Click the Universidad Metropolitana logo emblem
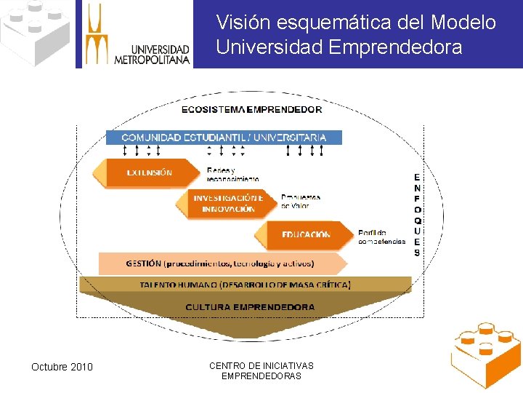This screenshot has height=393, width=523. click(96, 33)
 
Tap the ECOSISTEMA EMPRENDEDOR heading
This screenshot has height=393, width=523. click(251, 110)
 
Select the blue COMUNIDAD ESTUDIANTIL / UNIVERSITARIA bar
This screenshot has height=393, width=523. click(224, 137)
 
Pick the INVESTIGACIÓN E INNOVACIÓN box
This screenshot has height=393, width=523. click(228, 203)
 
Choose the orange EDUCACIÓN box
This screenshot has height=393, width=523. click(306, 235)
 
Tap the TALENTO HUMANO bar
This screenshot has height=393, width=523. click(245, 285)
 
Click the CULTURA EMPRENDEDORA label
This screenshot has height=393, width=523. click(250, 307)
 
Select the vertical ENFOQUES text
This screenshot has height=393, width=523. click(417, 215)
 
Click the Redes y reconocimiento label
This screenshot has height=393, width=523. click(232, 174)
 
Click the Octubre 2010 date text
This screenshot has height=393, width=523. click(62, 367)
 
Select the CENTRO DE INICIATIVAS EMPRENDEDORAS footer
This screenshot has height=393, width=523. click(261, 370)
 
